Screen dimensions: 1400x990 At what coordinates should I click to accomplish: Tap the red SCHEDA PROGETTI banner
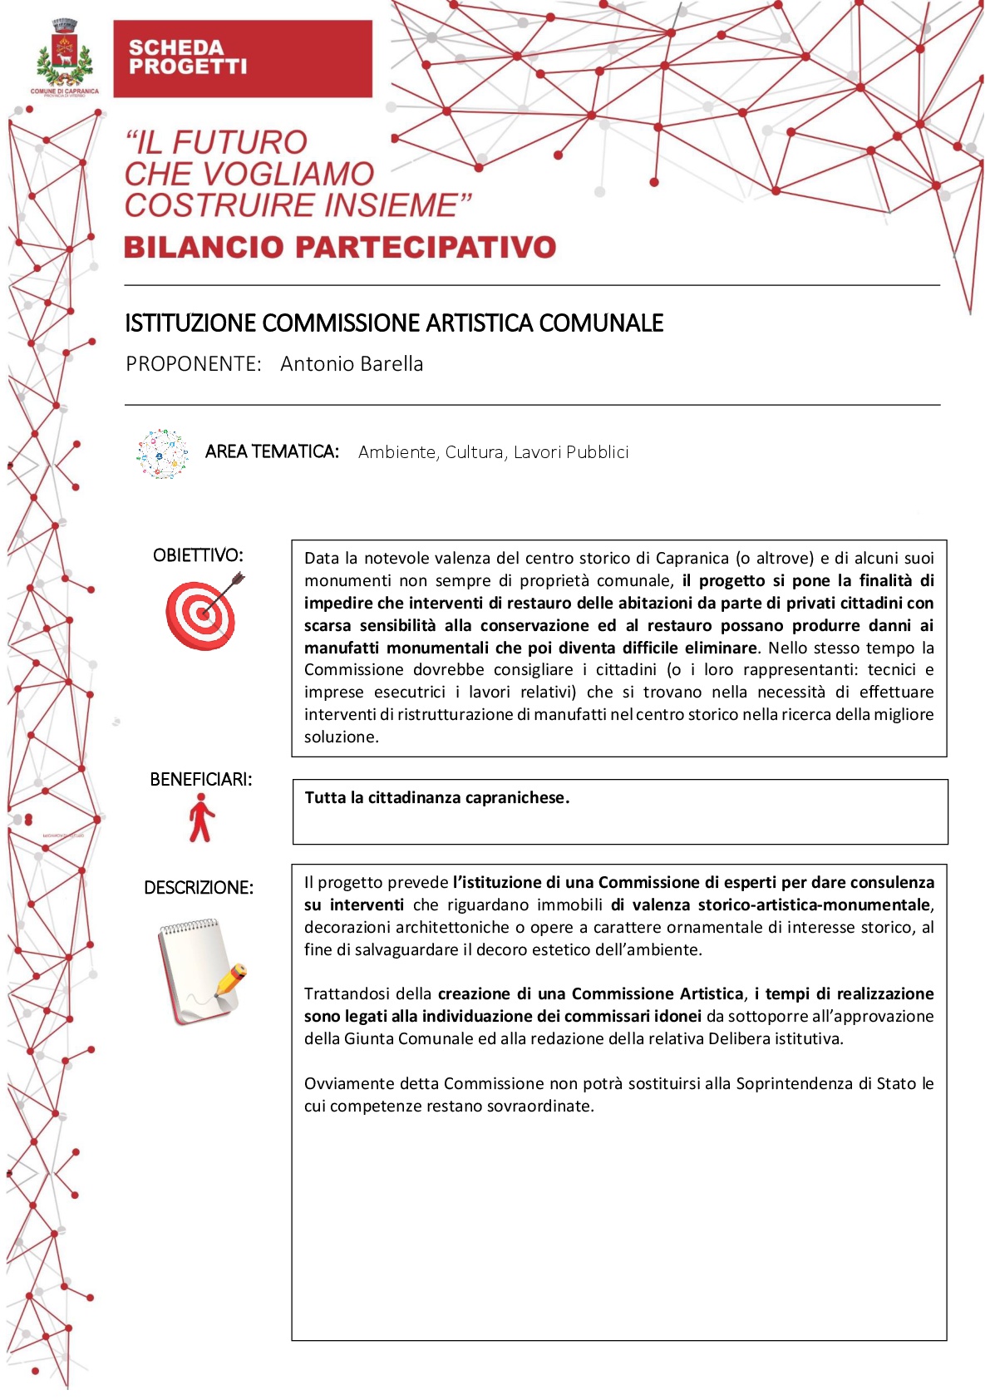point(242,59)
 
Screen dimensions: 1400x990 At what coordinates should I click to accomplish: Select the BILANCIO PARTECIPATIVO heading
point(340,247)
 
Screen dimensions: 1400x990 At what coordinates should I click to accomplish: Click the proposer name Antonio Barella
point(352,364)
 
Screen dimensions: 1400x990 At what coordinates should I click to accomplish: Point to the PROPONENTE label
point(193,364)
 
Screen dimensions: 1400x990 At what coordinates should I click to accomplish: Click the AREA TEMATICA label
point(272,451)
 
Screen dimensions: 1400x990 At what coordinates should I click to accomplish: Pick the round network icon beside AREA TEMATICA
point(163,454)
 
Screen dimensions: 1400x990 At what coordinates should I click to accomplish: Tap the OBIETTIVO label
point(198,555)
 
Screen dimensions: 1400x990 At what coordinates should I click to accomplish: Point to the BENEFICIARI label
point(200,780)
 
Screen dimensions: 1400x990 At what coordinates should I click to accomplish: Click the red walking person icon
point(200,818)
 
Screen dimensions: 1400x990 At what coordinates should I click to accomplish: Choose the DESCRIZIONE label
point(199,888)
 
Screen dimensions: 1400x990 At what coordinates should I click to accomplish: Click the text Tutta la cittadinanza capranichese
point(436,798)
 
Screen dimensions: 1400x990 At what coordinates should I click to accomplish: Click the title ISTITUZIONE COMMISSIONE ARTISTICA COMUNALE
point(394,323)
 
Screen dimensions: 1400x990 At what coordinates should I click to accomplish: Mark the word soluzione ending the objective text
point(341,737)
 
